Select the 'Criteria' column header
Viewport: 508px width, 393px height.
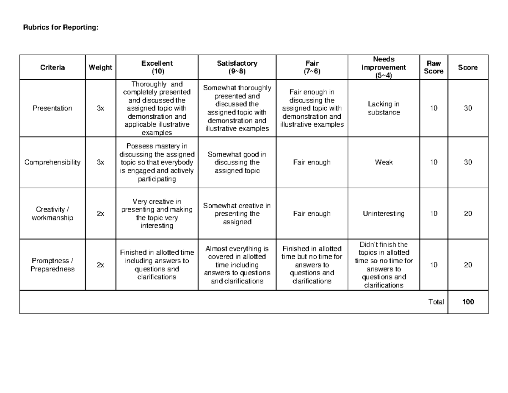pyautogui.click(x=52, y=67)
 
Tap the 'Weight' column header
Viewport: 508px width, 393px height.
pyautogui.click(x=100, y=67)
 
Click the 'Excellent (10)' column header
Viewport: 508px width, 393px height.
pyautogui.click(x=157, y=67)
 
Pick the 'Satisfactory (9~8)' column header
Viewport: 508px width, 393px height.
pyautogui.click(x=237, y=67)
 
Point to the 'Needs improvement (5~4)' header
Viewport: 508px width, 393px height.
pyautogui.click(x=384, y=67)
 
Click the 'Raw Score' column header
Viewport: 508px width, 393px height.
pyautogui.click(x=433, y=67)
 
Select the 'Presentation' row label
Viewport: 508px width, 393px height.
pyautogui.click(x=52, y=108)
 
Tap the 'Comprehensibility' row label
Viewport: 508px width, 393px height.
pyautogui.click(x=52, y=162)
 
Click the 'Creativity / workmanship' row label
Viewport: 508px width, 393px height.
pyautogui.click(x=52, y=214)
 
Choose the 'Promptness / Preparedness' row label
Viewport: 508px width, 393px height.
pyautogui.click(x=52, y=265)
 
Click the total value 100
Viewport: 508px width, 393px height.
pyautogui.click(x=468, y=302)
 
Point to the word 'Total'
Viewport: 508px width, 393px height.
pyautogui.click(x=436, y=302)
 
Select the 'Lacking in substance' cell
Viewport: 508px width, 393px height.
pyautogui.click(x=384, y=108)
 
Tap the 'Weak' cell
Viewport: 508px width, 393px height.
pyautogui.click(x=384, y=162)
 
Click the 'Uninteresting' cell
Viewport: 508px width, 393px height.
pyautogui.click(x=384, y=214)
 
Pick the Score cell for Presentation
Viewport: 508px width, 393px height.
pyautogui.click(x=468, y=108)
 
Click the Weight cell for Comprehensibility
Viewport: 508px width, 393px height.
pyautogui.click(x=100, y=162)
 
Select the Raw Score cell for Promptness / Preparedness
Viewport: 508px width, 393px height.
pyautogui.click(x=433, y=265)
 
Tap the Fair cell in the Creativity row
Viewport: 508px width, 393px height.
pyautogui.click(x=312, y=214)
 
